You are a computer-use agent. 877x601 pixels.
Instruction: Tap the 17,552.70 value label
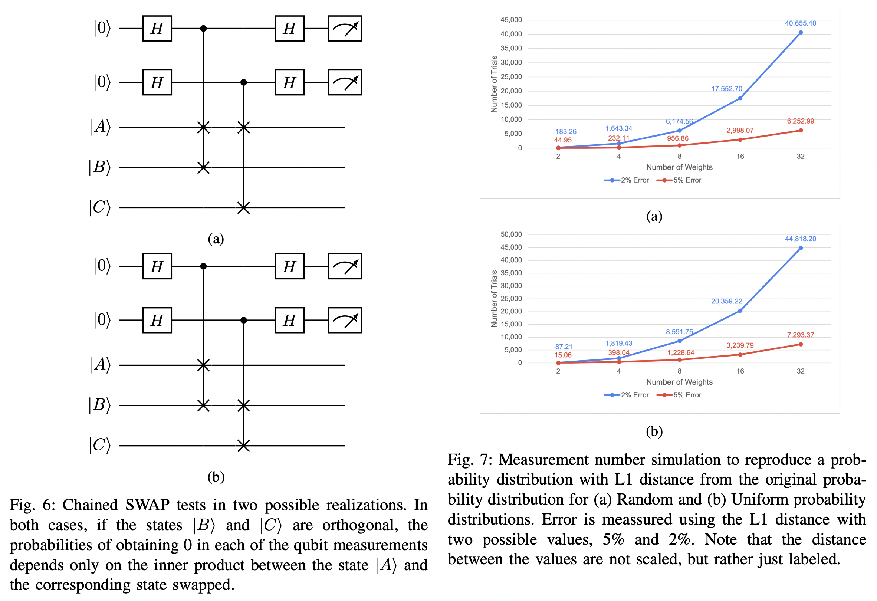pyautogui.click(x=726, y=89)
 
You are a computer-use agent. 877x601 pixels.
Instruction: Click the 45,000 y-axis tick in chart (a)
pyautogui.click(x=511, y=20)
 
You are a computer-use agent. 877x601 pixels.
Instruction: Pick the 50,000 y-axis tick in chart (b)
pyautogui.click(x=511, y=234)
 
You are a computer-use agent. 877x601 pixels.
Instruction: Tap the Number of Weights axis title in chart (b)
pyautogui.click(x=679, y=382)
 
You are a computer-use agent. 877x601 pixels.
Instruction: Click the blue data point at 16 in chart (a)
pyautogui.click(x=740, y=98)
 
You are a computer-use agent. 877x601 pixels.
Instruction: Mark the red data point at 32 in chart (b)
pyautogui.click(x=801, y=344)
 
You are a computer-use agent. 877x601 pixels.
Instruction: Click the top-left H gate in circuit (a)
pyautogui.click(x=157, y=28)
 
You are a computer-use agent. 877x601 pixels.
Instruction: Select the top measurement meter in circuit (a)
pyautogui.click(x=345, y=28)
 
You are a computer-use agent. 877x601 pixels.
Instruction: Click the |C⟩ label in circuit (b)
pyautogui.click(x=100, y=445)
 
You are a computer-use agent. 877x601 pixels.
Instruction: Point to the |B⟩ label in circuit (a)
pyautogui.click(x=100, y=167)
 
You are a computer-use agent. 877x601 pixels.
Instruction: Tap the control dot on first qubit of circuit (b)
pyautogui.click(x=203, y=266)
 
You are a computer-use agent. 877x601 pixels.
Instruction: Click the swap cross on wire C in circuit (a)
pyautogui.click(x=243, y=207)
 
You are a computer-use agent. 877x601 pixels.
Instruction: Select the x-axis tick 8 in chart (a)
pyautogui.click(x=679, y=156)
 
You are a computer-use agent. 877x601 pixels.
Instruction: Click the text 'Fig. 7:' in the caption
pyautogui.click(x=469, y=460)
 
